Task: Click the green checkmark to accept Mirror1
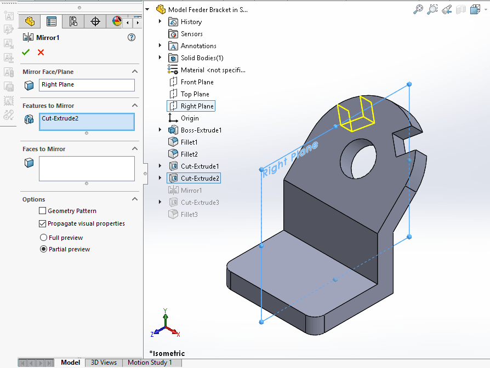pos(25,52)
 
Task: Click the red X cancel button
pos(41,52)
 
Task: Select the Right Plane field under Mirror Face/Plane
pos(87,85)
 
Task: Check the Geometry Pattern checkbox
pos(43,211)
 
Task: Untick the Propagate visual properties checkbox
pos(43,223)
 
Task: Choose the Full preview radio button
pos(44,238)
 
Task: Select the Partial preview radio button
pos(44,249)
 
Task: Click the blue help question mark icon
pos(131,37)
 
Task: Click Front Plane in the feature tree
pos(197,82)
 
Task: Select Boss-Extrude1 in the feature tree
pos(201,130)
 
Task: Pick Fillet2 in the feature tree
pos(189,154)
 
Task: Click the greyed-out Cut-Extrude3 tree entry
pos(200,203)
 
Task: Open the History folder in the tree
pos(191,22)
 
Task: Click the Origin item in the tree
pos(190,118)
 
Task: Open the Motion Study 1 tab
pos(150,363)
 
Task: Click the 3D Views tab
pos(104,363)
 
